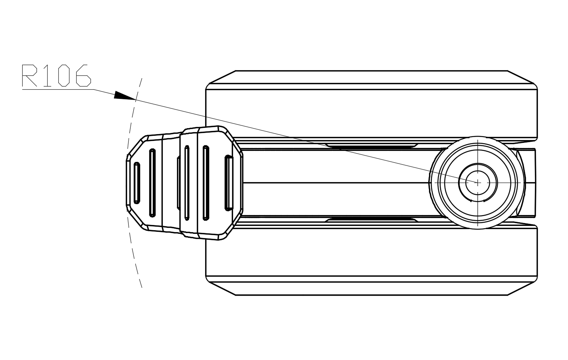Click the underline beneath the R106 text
pos(58,90)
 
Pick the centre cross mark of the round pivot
pos(478,182)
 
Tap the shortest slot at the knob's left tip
pos(137,183)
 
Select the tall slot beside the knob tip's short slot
pos(152,183)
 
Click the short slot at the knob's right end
pos(229,182)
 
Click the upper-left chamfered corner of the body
pos(221,78)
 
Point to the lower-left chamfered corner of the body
pos(221,288)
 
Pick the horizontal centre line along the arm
pos(337,183)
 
